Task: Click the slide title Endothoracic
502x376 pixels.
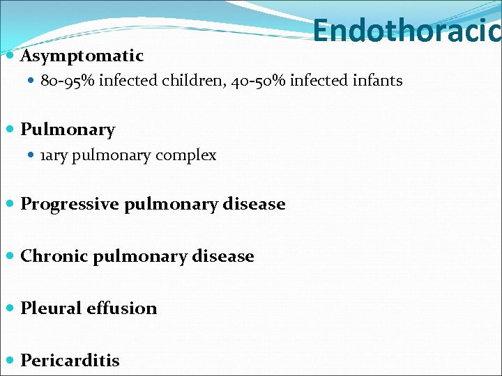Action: coord(406,31)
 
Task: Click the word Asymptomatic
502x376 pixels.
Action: coord(82,56)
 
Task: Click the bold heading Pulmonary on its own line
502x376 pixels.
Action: coord(68,130)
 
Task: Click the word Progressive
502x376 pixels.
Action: coord(70,204)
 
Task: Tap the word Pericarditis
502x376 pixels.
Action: coord(70,361)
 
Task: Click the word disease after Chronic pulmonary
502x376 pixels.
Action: coord(222,256)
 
